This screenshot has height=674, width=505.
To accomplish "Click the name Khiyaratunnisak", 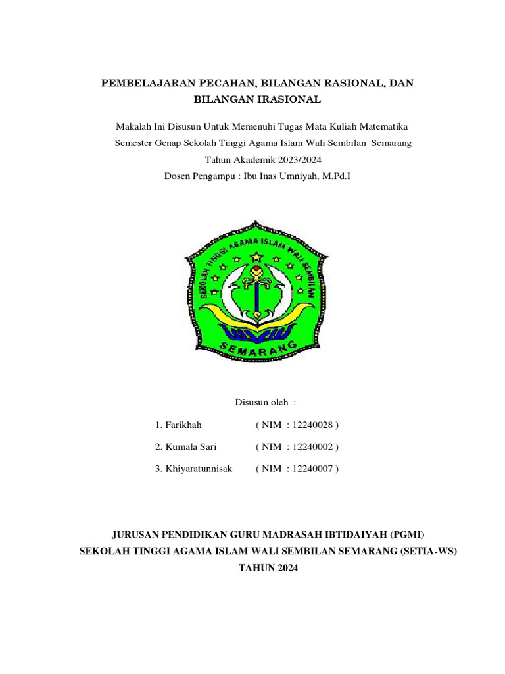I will pos(198,469).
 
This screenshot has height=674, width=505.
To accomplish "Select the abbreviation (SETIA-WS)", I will pos(427,552).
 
